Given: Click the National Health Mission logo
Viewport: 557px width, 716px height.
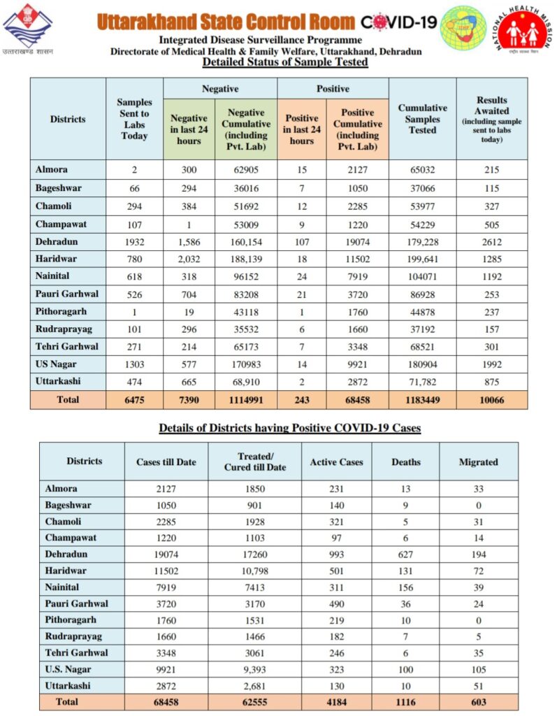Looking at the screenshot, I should (523, 31).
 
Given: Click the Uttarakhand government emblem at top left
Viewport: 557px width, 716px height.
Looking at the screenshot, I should (27, 28).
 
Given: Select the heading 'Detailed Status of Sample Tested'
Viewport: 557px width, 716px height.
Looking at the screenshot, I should (285, 62).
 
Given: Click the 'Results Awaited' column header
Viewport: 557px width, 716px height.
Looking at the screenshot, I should (492, 119).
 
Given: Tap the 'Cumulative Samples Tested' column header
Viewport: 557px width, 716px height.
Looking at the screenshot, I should (422, 119).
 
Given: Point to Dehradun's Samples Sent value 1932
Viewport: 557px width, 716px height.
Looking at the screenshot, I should (134, 241).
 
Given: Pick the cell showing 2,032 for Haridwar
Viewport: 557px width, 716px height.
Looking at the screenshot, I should (189, 259).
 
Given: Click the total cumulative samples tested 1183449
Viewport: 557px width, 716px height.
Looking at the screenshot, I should (422, 400).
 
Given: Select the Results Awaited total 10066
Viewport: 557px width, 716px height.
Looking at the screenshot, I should (492, 400).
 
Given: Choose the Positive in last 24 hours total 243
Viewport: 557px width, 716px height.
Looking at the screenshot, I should (301, 400).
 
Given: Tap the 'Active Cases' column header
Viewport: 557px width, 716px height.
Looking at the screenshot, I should (336, 462).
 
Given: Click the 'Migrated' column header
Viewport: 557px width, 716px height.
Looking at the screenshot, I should (479, 462).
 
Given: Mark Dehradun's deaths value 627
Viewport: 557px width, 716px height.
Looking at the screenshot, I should (405, 554).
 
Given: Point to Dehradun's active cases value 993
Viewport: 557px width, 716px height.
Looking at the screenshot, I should (336, 554).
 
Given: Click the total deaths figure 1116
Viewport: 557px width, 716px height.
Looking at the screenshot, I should (405, 701).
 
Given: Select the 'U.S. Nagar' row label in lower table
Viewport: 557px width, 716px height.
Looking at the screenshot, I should (68, 668).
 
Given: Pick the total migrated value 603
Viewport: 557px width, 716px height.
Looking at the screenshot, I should (479, 701).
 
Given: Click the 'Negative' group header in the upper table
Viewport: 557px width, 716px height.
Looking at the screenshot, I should (220, 89).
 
